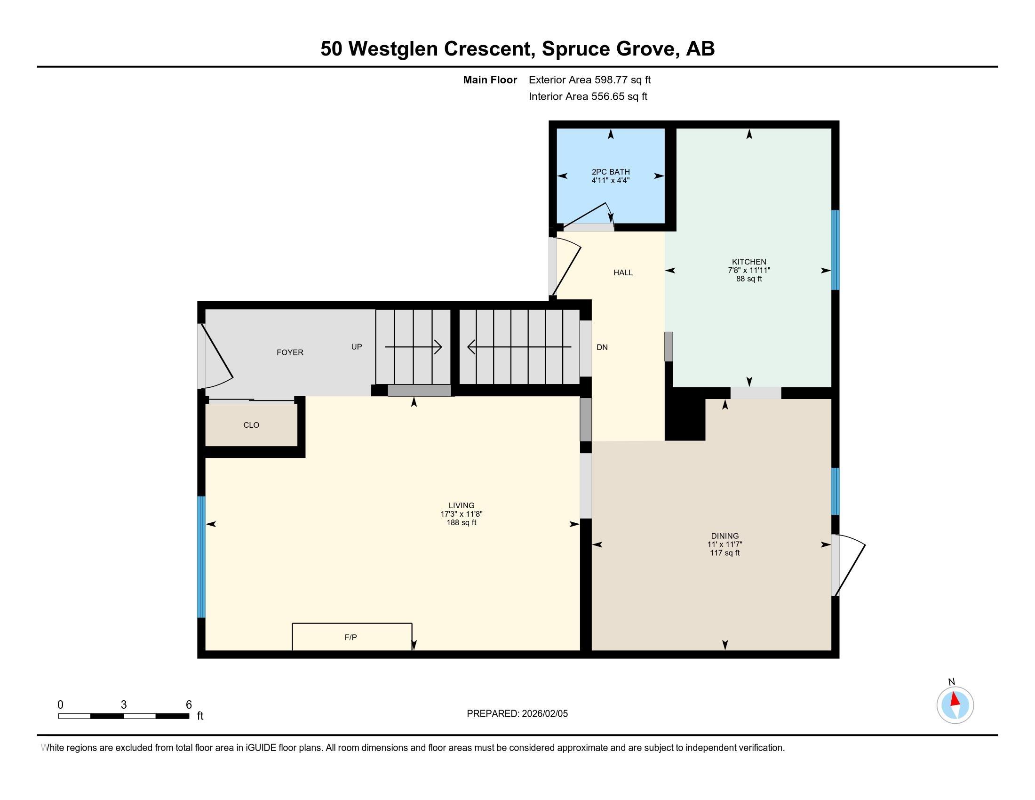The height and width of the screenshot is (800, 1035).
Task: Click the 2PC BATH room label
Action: [610, 172]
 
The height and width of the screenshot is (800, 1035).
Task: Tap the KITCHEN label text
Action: [749, 262]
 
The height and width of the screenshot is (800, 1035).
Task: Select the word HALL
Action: [623, 272]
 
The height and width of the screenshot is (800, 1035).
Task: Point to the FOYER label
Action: [290, 352]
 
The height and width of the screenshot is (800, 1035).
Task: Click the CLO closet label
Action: [251, 425]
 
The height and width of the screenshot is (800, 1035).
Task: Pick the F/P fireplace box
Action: [351, 637]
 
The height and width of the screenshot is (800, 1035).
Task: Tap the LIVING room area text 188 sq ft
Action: [461, 523]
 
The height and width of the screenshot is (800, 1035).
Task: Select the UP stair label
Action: [357, 347]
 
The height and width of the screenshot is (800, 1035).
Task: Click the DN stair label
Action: [602, 347]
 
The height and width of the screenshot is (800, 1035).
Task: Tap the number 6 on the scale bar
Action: [189, 705]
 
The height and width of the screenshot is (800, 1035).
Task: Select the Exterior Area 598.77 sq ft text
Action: [589, 80]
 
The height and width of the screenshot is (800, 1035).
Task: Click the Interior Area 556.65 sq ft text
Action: [588, 96]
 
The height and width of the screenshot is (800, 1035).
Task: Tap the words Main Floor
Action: [490, 80]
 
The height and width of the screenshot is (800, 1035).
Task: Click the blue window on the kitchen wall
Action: [836, 250]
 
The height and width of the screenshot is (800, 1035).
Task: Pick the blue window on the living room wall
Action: [201, 557]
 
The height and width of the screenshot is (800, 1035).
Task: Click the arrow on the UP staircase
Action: [413, 347]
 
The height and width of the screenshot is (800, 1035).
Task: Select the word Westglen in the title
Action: [393, 49]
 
